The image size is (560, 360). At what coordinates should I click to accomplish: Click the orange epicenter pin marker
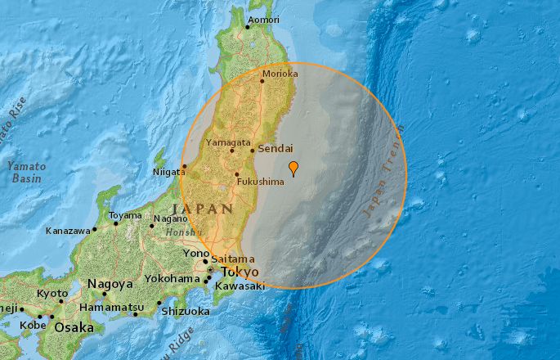(293, 169)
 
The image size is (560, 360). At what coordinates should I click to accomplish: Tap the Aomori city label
(265, 20)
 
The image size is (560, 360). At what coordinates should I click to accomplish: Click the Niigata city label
(169, 173)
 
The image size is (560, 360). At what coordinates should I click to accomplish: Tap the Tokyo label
(240, 272)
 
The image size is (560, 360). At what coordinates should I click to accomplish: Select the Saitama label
(229, 259)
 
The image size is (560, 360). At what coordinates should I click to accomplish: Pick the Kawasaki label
(240, 286)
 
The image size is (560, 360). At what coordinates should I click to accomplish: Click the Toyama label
(125, 216)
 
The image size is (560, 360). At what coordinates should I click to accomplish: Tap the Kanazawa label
(68, 231)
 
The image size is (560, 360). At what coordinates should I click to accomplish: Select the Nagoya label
(110, 284)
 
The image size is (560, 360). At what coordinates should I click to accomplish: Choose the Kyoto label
(52, 293)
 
